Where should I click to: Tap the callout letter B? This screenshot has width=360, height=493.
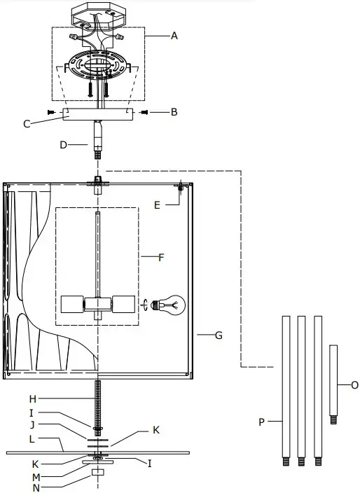(x=174, y=111)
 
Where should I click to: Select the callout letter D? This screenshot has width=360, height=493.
(x=63, y=145)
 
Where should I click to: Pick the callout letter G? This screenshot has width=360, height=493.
(x=219, y=335)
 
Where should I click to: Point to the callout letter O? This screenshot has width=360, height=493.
(x=354, y=384)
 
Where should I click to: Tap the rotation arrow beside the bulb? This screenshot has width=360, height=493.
(x=146, y=305)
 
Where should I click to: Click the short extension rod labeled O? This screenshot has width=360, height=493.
(x=333, y=382)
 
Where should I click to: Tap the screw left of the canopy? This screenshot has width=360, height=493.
(x=51, y=111)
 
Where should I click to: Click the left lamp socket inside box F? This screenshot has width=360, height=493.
(x=71, y=305)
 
